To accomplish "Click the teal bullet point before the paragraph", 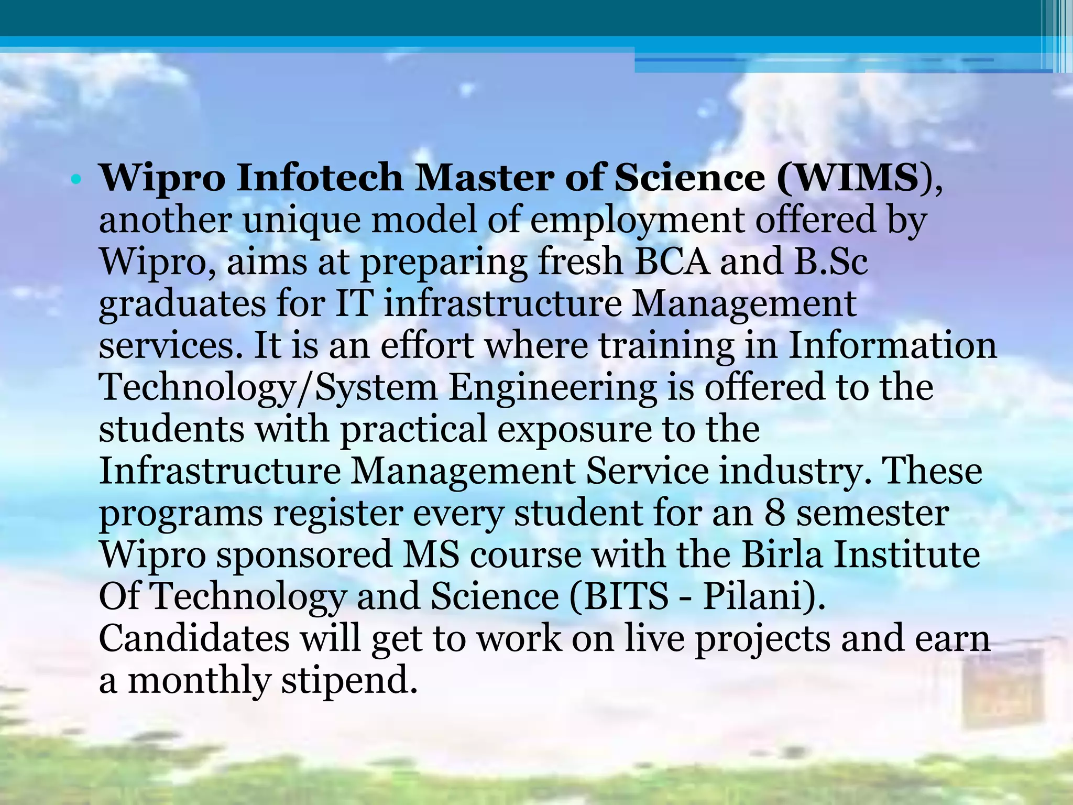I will click(76, 180).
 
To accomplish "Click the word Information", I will click(892, 346).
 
